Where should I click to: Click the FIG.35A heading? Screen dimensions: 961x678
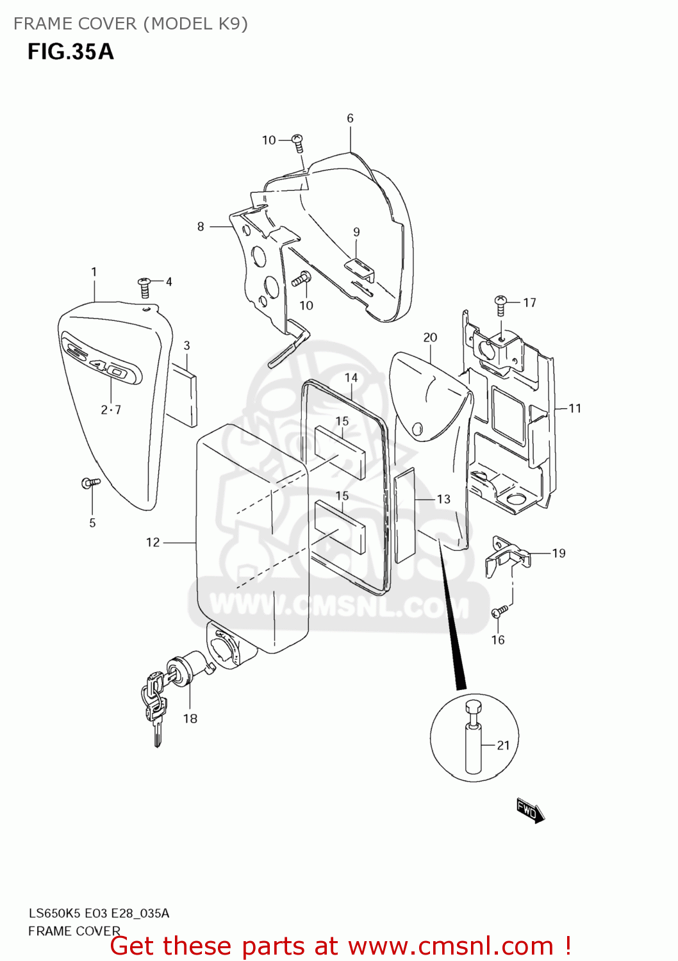(70, 51)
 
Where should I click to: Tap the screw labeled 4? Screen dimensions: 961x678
(145, 287)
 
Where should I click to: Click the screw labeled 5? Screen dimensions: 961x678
(90, 482)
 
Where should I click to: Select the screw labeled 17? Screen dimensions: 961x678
(501, 304)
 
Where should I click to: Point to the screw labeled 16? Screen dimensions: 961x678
(500, 612)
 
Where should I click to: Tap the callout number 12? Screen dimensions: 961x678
(153, 542)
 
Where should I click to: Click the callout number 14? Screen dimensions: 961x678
(351, 377)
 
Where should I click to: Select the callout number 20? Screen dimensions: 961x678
(430, 337)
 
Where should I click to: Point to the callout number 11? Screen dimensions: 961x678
(575, 408)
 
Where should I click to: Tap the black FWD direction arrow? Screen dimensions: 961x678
(530, 810)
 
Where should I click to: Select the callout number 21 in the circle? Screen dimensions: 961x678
(503, 745)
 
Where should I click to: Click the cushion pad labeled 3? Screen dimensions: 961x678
(183, 393)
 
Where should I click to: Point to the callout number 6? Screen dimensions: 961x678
(350, 118)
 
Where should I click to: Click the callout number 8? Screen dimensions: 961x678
(201, 226)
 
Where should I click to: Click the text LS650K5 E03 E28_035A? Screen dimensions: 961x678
(99, 913)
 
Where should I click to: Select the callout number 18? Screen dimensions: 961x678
(190, 718)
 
